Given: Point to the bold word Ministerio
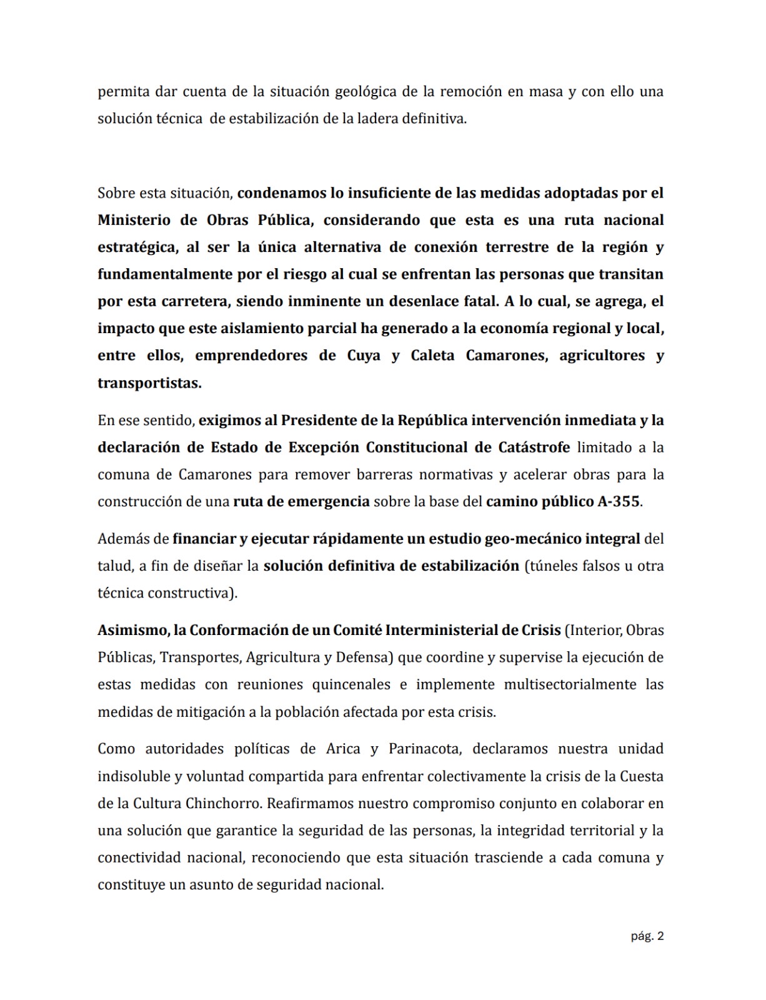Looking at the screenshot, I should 134,220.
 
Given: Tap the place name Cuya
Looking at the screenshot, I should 364,356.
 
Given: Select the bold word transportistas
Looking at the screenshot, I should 149,383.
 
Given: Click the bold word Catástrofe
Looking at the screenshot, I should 534,447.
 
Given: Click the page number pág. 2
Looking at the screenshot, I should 647,936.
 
